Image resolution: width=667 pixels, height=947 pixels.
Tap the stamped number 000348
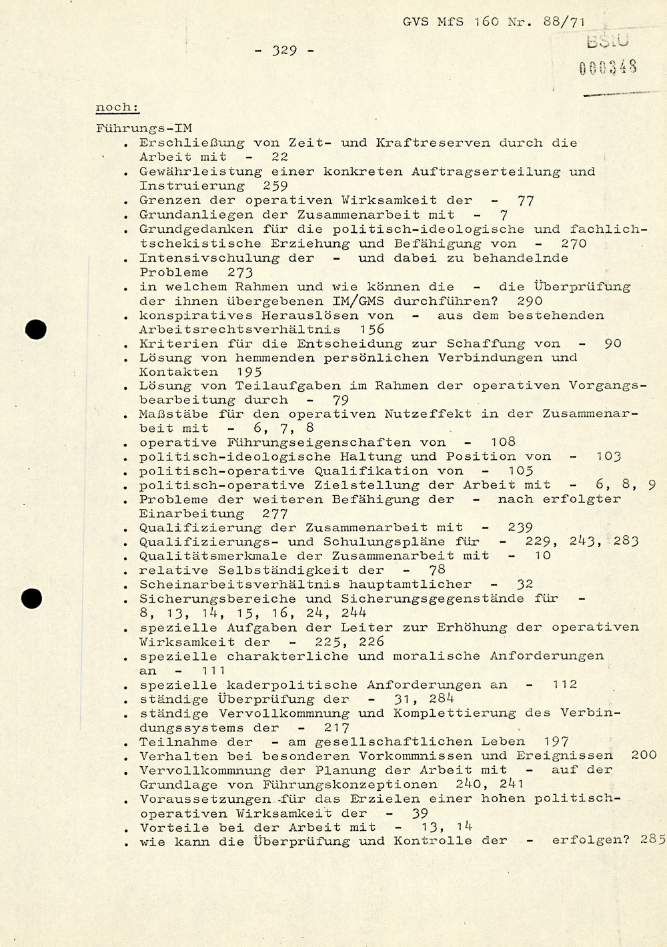click(x=608, y=67)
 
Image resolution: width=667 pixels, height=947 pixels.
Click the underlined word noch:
click(x=117, y=107)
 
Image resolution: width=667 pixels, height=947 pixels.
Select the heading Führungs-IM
click(x=145, y=129)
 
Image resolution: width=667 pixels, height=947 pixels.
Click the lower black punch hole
click(x=31, y=599)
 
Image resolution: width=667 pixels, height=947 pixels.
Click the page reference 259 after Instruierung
click(x=275, y=186)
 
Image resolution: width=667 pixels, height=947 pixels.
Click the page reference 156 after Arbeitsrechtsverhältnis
click(x=372, y=329)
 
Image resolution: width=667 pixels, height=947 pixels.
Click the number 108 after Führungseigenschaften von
click(x=502, y=442)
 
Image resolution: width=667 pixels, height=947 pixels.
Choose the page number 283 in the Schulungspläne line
click(x=626, y=541)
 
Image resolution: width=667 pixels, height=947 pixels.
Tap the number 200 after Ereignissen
click(x=644, y=755)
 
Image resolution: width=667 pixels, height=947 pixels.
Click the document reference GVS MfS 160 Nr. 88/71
click(x=494, y=21)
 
